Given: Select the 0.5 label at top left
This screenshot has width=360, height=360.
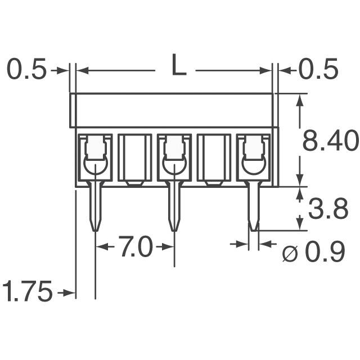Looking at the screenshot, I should (26, 70).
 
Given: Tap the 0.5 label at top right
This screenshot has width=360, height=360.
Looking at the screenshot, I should (318, 70).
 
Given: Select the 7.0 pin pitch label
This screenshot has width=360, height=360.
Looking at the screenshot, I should (135, 247).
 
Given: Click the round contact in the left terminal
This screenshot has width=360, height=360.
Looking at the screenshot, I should (95, 165).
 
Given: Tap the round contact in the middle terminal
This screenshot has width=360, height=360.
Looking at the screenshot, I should (174, 165).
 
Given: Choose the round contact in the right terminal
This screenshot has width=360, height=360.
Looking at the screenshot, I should (253, 165).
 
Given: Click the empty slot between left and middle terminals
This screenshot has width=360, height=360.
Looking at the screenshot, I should (134, 157).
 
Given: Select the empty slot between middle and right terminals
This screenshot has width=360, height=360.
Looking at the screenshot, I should (214, 157).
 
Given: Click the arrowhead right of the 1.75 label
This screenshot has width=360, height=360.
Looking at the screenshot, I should (71, 292).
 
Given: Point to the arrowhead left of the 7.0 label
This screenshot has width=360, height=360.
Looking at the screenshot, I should (101, 247).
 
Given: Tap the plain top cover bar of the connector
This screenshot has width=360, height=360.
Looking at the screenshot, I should (172, 110).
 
